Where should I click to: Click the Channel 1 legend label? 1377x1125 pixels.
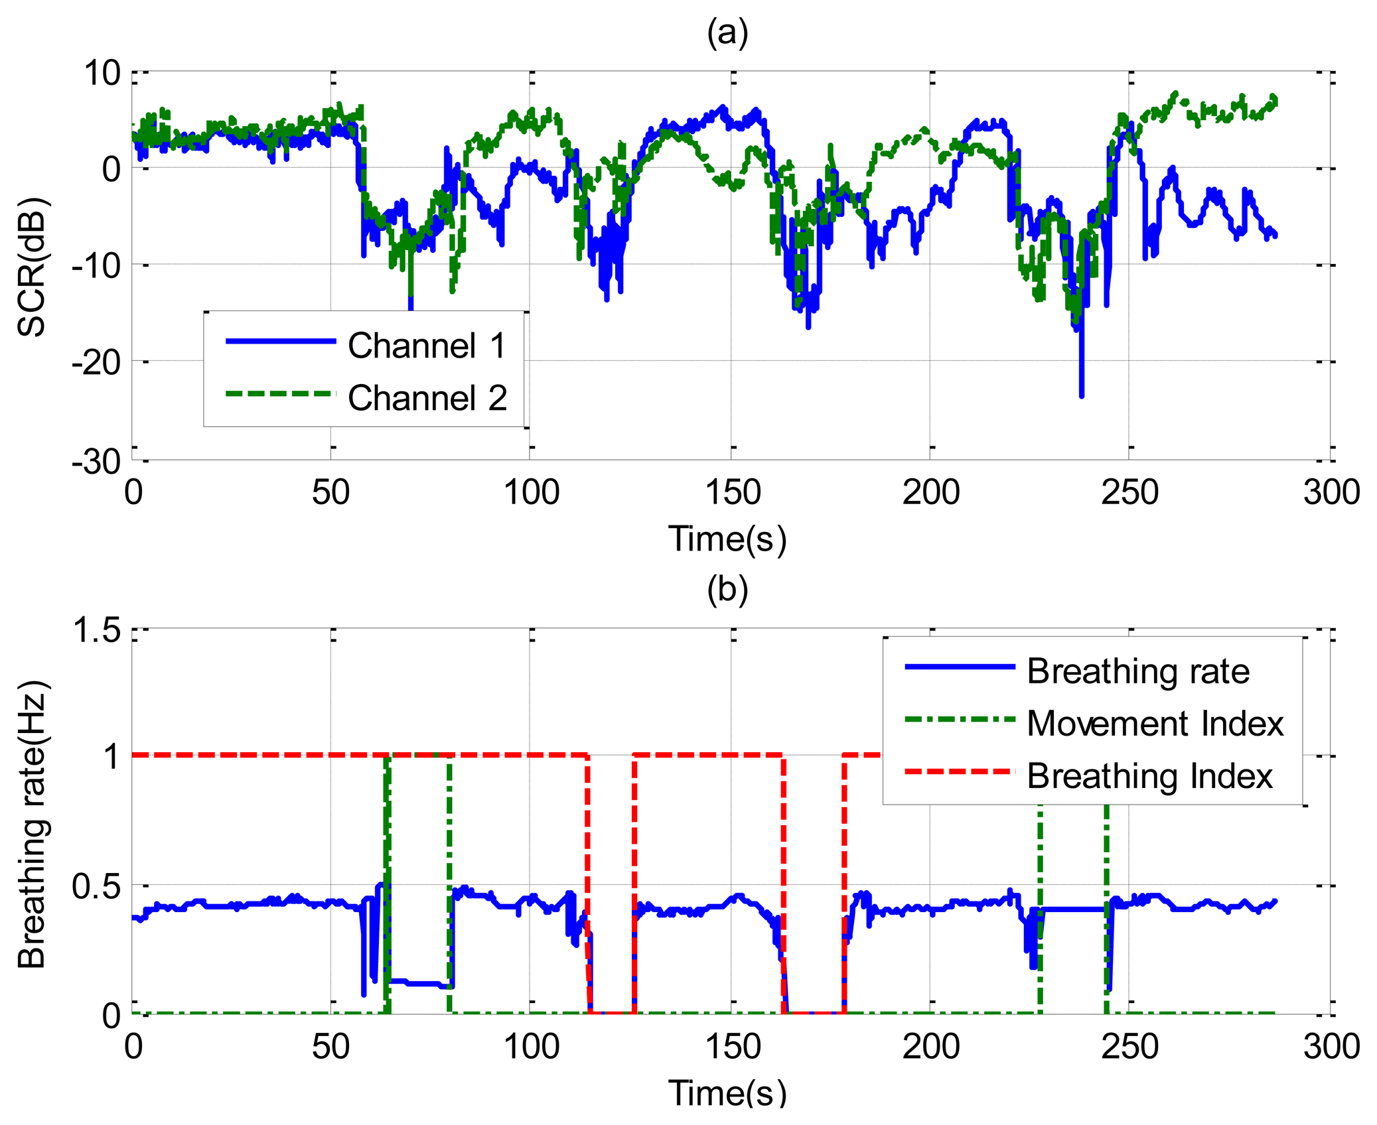[427, 346]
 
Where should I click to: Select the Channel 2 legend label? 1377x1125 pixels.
[427, 398]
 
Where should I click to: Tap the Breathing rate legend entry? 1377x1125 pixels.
[1138, 671]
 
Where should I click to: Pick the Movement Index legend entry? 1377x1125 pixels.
[1155, 723]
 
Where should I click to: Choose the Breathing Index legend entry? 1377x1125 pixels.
[1149, 775]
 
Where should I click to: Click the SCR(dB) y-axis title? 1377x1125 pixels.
[31, 267]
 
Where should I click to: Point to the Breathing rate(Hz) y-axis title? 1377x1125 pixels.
[31, 824]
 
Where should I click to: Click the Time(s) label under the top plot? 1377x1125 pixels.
[727, 538]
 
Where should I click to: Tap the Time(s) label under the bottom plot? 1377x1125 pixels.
[727, 1092]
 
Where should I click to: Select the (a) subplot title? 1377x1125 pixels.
[727, 33]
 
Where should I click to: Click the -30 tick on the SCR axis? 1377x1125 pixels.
[97, 461]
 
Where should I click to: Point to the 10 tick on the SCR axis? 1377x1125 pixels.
[102, 73]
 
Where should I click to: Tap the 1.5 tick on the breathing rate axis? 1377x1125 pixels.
[98, 629]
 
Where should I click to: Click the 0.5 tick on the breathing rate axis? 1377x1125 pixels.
[98, 886]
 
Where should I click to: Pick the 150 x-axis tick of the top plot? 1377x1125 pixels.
[732, 493]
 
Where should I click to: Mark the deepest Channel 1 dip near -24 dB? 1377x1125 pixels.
[1082, 395]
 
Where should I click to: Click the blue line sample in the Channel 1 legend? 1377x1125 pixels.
[281, 341]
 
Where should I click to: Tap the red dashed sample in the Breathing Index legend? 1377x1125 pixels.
[960, 771]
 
